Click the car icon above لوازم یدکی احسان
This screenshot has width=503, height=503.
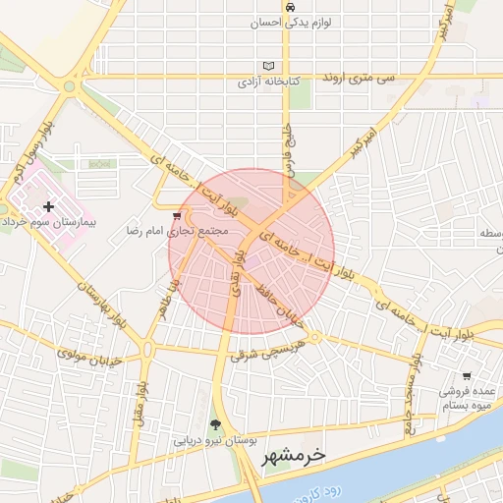pos(290,7)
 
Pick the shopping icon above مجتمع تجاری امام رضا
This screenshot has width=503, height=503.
pos(177,216)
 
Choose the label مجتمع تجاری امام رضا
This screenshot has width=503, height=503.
pos(178,232)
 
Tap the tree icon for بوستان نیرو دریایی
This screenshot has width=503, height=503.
pos(215,425)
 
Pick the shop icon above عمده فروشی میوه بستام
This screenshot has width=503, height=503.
pos(467,375)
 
